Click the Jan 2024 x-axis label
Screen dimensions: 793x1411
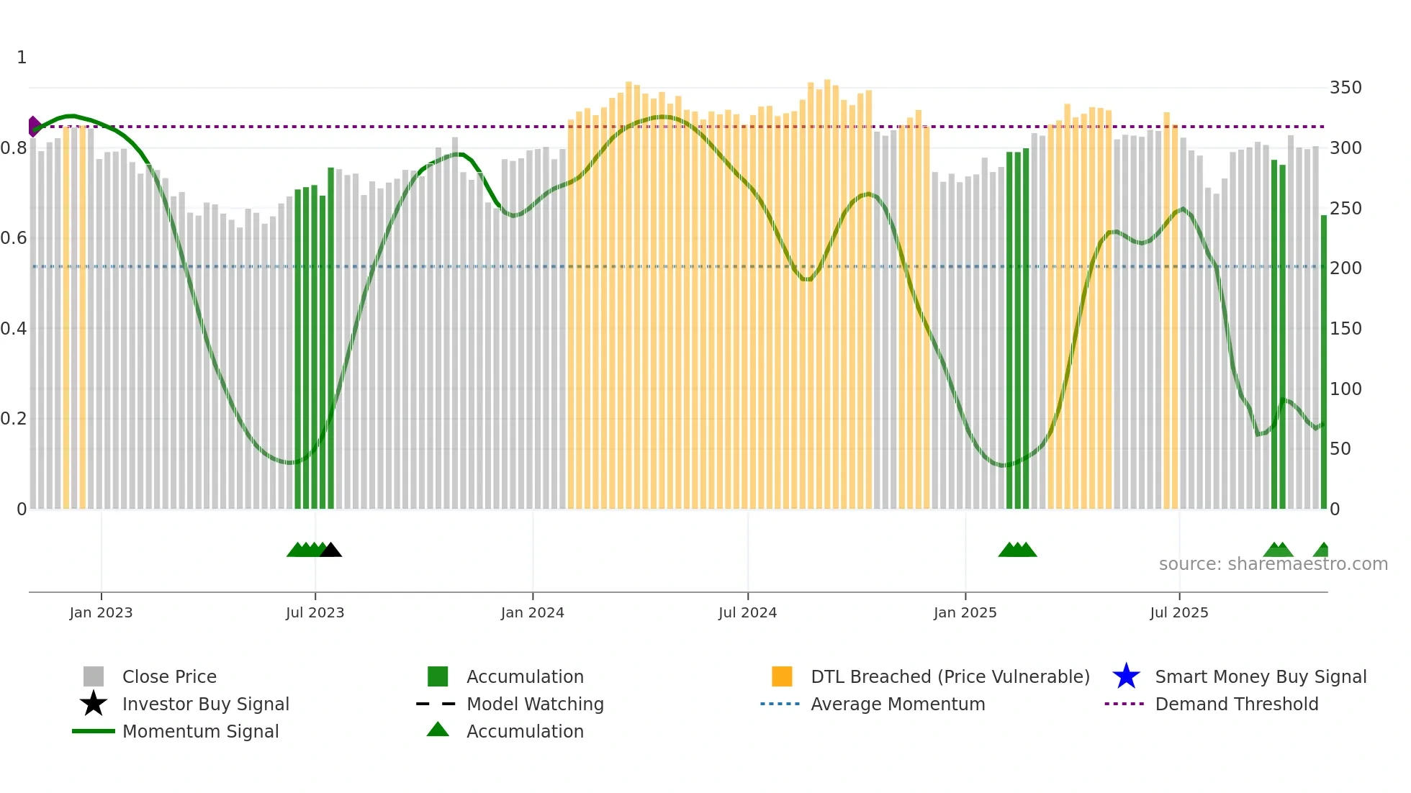point(532,612)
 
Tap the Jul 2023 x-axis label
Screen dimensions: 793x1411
point(315,612)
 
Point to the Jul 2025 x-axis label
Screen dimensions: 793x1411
point(1178,612)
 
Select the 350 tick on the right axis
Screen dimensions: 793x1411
point(1345,88)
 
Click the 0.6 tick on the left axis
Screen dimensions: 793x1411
point(14,238)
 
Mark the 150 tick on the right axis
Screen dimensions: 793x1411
point(1345,329)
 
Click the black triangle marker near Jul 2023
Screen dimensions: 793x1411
point(331,550)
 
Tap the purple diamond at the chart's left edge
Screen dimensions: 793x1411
point(33,127)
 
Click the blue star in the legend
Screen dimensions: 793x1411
point(1126,676)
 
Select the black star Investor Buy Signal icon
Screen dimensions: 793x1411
point(94,704)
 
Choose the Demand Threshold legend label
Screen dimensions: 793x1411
point(1236,704)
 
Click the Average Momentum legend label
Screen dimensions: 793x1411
point(897,704)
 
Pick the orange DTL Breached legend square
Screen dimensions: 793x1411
point(782,676)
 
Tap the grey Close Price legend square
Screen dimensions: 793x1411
point(94,676)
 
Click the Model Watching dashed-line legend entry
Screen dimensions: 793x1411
point(436,704)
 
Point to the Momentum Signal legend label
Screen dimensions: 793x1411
point(200,731)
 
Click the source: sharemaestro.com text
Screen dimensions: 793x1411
point(1273,564)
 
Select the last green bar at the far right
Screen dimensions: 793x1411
point(1323,360)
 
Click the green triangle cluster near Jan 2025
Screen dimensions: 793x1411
point(1017,550)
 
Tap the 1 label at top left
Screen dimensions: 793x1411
point(22,58)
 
